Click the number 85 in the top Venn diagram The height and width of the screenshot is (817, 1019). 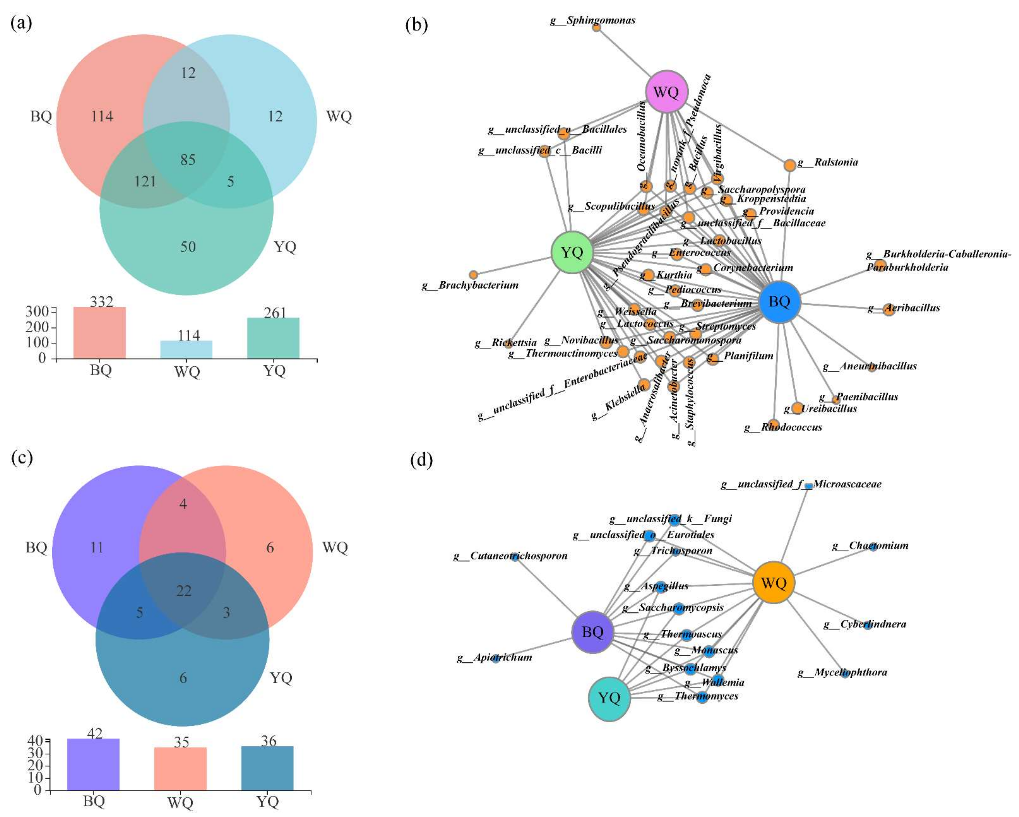pyautogui.click(x=188, y=160)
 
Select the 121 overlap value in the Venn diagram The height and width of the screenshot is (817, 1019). pyautogui.click(x=145, y=181)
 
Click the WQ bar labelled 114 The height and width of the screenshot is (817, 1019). pyautogui.click(x=187, y=350)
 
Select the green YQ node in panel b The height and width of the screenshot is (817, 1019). pyautogui.click(x=572, y=252)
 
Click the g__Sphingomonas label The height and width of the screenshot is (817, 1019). pyautogui.click(x=593, y=20)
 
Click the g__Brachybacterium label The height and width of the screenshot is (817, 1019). pyautogui.click(x=470, y=285)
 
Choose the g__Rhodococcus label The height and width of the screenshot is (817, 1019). pyautogui.click(x=783, y=427)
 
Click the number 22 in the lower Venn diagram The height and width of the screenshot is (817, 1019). pyautogui.click(x=184, y=591)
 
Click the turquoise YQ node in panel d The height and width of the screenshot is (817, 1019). pyautogui.click(x=609, y=698)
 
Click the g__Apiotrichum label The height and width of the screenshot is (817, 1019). pyautogui.click(x=494, y=657)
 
